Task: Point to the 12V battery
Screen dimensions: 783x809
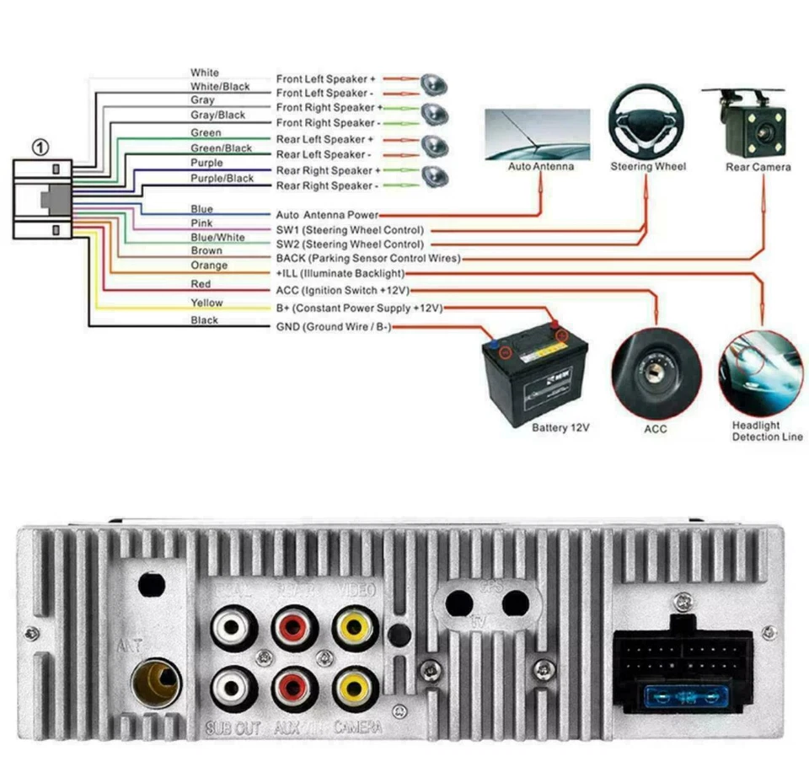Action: [x=534, y=376]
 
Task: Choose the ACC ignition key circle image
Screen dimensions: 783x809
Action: [x=656, y=374]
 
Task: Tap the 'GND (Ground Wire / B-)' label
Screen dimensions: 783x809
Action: [x=333, y=327]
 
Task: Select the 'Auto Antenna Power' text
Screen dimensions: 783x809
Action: [x=327, y=216]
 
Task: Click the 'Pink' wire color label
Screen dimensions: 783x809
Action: [x=202, y=223]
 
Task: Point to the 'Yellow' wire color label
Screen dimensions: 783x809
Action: [x=206, y=303]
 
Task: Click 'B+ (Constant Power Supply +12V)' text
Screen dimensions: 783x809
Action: [x=359, y=308]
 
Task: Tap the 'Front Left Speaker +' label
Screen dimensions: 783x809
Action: [x=326, y=78]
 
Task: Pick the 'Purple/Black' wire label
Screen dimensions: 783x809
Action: [x=222, y=178]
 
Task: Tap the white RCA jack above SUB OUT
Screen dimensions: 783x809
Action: [x=232, y=689]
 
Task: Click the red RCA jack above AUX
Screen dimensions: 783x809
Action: [x=294, y=689]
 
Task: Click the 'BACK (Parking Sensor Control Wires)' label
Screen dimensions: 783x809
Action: [x=368, y=258]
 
